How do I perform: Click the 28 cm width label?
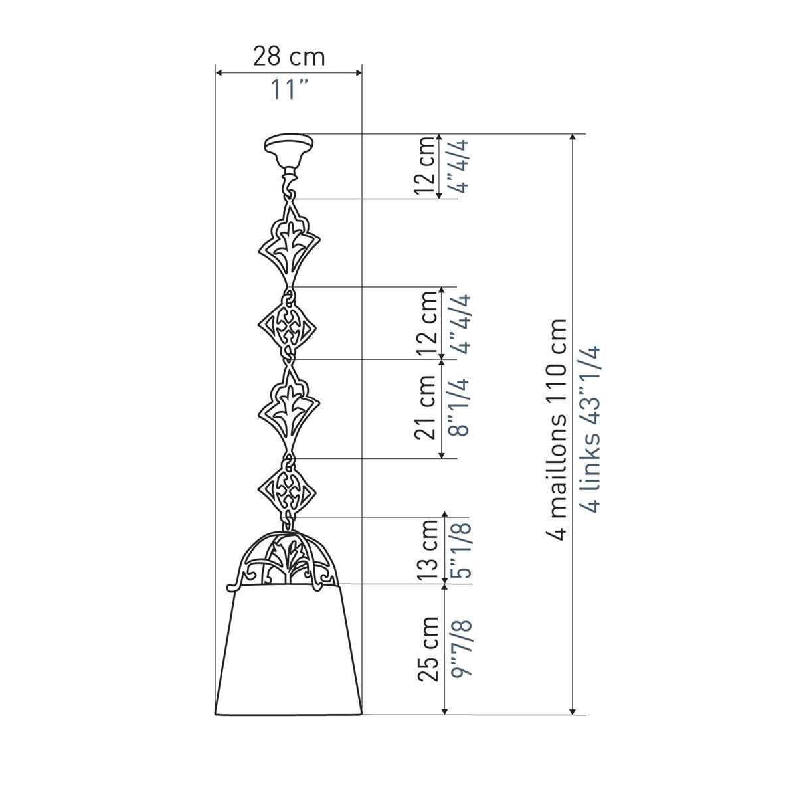(289, 56)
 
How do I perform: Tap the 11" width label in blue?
(289, 89)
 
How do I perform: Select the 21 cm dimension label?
(426, 407)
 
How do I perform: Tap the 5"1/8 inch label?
(460, 551)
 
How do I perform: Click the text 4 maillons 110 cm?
(555, 430)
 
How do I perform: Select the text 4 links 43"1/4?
(587, 430)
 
